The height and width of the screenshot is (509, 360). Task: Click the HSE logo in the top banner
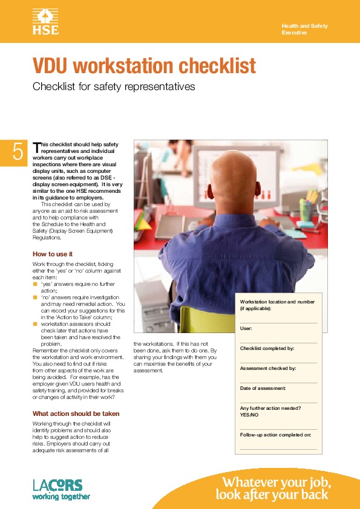[45, 21]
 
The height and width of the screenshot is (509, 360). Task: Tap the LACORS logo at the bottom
[61, 490]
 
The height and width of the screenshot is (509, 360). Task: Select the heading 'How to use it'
[52, 254]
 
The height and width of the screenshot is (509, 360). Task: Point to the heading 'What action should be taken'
[76, 413]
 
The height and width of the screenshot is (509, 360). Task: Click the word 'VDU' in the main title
[50, 65]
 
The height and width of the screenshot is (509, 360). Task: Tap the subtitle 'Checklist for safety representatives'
[114, 86]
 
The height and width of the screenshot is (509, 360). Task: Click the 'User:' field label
[246, 328]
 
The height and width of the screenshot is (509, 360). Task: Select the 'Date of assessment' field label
[263, 388]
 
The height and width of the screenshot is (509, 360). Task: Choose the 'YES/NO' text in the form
[249, 415]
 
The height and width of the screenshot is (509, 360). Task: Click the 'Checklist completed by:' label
[267, 348]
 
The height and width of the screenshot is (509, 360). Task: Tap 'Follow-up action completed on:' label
[275, 435]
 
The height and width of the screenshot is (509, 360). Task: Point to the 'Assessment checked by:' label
[268, 368]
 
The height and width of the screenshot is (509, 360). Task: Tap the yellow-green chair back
[207, 319]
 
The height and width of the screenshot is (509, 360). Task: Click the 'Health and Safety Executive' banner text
[305, 29]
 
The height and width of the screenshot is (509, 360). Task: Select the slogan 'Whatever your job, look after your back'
[273, 488]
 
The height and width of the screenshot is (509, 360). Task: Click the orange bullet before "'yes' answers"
[35, 284]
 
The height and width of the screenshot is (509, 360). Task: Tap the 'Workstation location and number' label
[277, 302]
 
